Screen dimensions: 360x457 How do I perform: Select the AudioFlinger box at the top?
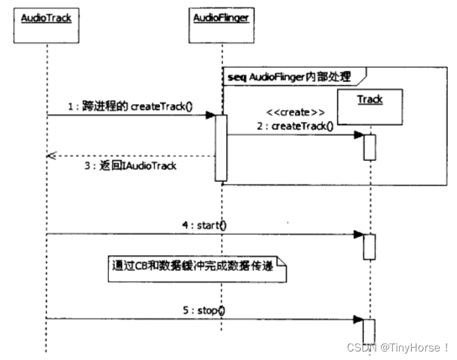221,24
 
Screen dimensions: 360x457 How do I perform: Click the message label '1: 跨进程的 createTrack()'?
130,106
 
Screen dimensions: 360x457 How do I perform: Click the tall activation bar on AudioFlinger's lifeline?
221,148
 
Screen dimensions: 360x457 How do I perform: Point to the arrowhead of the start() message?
359,234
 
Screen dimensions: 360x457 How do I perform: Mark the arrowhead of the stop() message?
359,319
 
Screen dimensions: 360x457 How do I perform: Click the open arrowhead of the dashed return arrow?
50,156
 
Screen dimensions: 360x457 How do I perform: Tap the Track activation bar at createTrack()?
370,146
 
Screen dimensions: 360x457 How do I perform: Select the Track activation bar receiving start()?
370,246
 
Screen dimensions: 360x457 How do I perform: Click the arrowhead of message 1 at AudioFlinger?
210,115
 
